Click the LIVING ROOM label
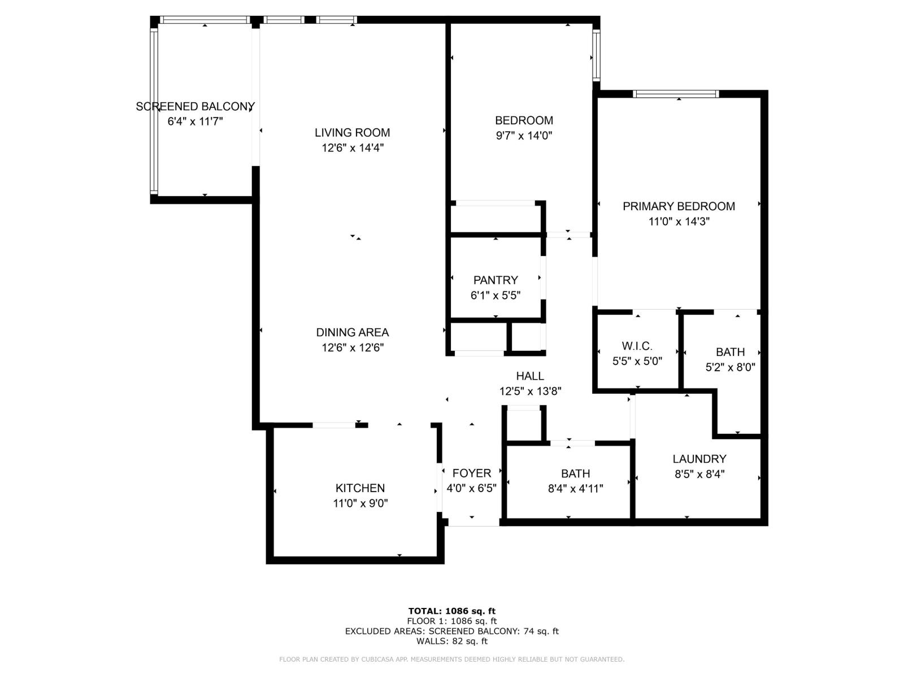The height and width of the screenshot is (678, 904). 352,133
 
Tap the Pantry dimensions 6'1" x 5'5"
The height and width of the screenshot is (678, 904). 495,295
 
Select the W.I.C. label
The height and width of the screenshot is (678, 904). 637,346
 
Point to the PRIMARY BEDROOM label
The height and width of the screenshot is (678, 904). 679,206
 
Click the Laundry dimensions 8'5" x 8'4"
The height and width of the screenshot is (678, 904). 699,474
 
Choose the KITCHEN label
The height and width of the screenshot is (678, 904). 360,488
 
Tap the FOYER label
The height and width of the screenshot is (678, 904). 471,473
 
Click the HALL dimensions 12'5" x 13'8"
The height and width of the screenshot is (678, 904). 530,391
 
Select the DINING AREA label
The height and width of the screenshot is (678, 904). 352,333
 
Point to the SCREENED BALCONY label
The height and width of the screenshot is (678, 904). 195,106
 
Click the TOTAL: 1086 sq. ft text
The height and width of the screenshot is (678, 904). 451,611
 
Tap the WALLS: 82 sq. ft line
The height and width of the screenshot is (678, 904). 451,641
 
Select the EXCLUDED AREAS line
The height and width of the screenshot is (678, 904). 451,631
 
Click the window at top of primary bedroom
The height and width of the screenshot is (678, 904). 675,94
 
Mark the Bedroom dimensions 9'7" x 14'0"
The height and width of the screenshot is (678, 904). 523,136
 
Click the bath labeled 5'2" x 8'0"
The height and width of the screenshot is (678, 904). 730,352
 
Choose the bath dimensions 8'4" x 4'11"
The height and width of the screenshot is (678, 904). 575,489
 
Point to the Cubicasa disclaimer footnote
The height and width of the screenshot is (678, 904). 451,659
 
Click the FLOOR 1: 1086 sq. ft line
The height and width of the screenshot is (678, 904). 451,621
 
